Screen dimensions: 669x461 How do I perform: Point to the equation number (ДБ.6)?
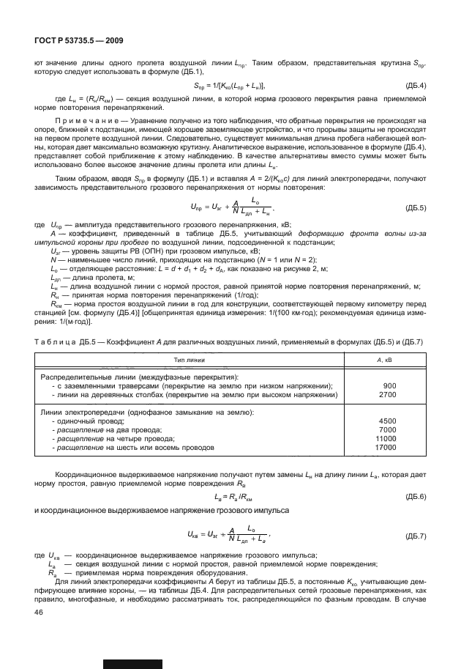pos(414,496)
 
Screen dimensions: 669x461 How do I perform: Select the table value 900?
pos(389,385)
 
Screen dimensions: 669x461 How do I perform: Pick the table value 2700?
pos(387,394)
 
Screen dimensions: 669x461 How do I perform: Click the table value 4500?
pos(387,421)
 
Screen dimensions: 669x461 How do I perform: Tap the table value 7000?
pos(387,429)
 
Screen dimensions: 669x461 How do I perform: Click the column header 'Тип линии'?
pos(190,361)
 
